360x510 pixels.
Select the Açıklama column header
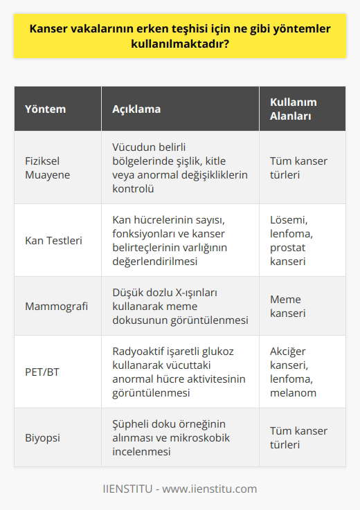click(136, 109)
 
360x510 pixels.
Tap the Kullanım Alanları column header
click(289, 109)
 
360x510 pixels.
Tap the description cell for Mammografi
click(180, 306)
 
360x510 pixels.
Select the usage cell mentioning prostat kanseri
click(291, 240)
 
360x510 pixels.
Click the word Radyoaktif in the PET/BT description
click(139, 353)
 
